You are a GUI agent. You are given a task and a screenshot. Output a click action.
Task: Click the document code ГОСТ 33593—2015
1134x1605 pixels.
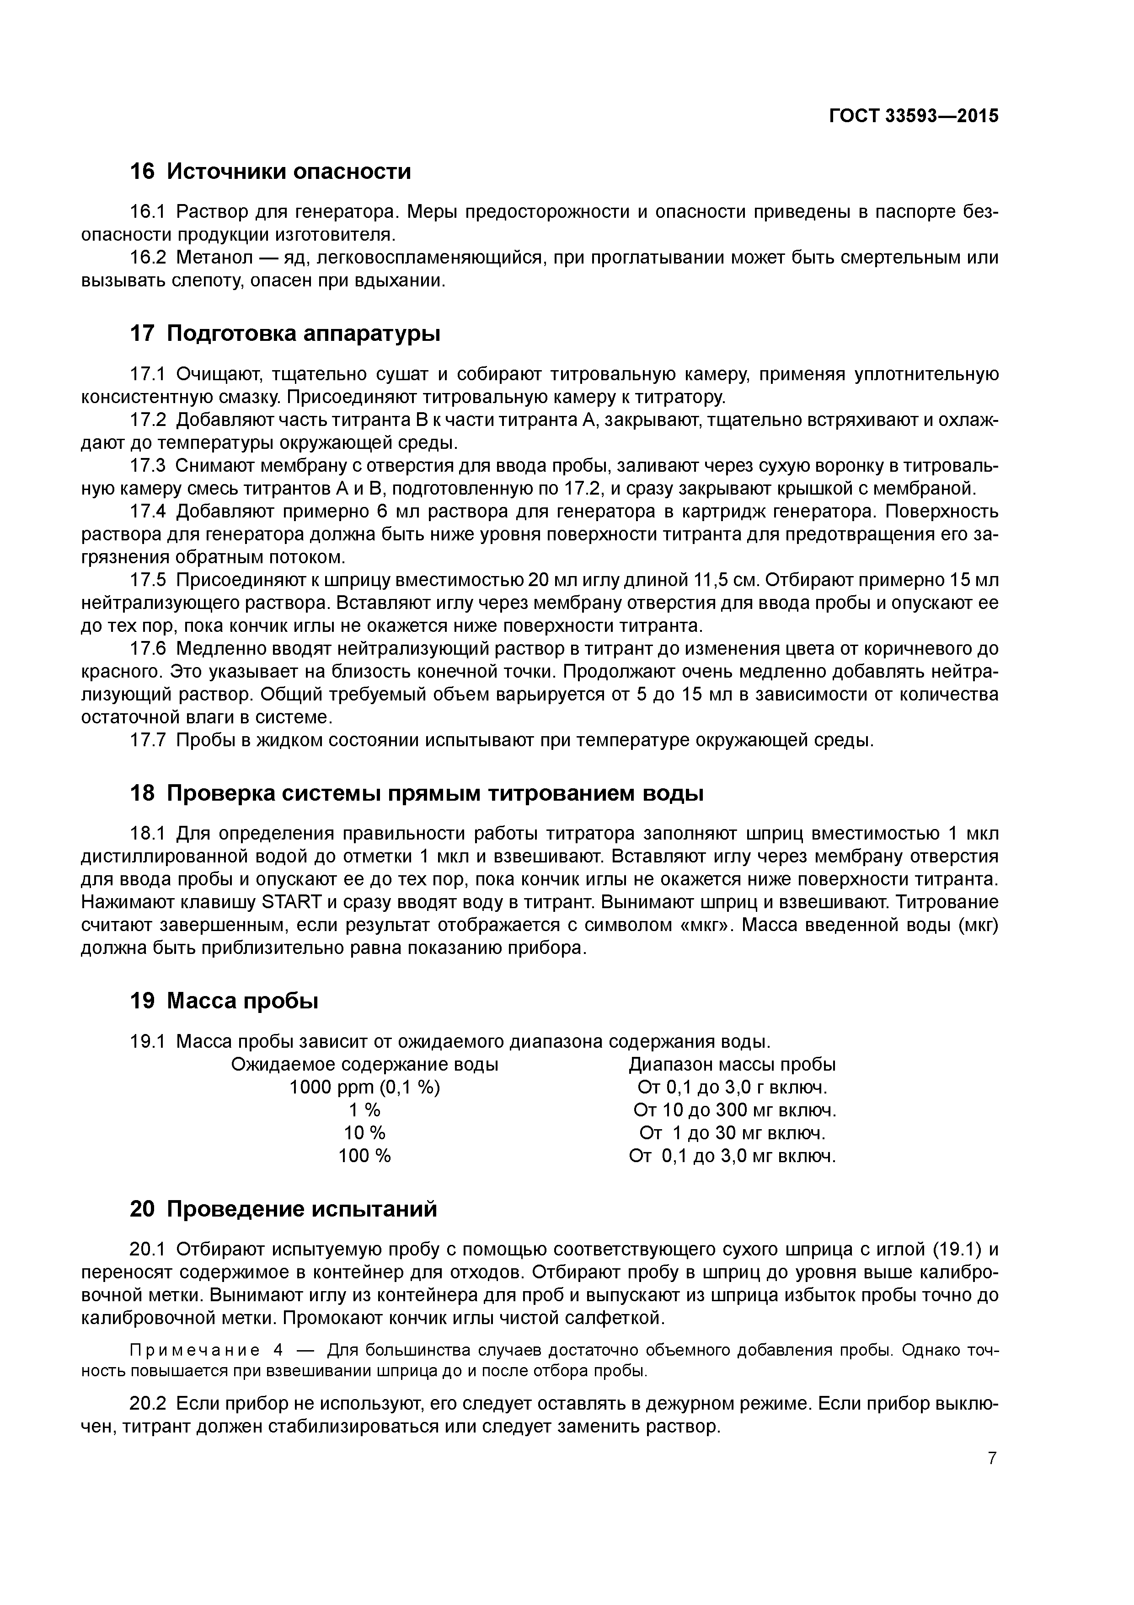tap(913, 116)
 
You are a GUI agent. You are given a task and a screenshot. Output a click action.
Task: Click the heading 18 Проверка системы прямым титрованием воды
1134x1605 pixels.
tap(417, 794)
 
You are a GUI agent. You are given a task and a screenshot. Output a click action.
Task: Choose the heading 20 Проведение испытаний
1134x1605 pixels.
tap(283, 1209)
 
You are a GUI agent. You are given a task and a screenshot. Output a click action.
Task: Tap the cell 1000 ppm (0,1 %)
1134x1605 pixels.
tap(365, 1088)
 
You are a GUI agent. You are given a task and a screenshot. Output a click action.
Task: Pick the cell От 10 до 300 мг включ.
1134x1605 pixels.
tap(734, 1110)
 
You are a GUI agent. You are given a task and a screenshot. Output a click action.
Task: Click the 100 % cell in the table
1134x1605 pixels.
tap(365, 1156)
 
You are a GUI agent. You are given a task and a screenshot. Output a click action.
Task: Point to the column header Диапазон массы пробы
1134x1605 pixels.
tap(732, 1065)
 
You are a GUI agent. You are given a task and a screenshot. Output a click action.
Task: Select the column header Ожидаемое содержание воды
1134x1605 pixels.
tap(365, 1065)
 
